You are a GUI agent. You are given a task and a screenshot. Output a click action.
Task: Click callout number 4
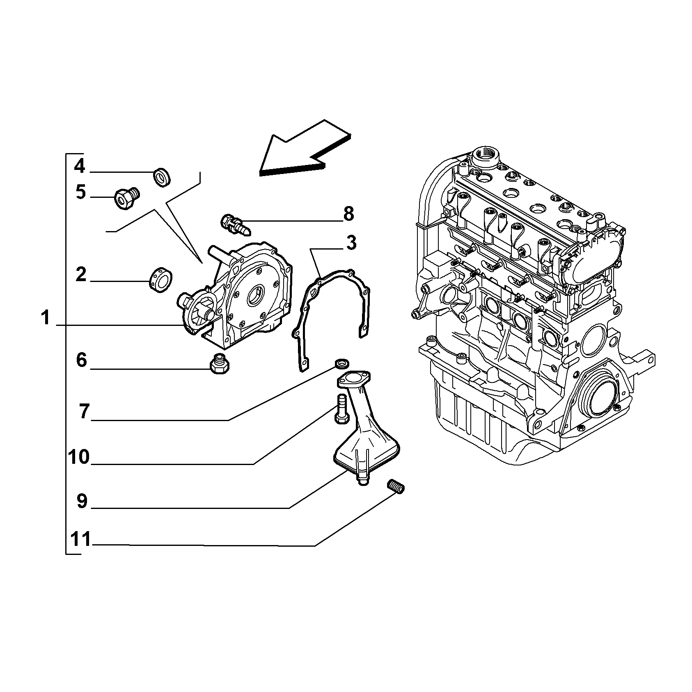pyautogui.click(x=80, y=166)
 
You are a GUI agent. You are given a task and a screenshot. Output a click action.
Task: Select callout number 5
pyautogui.click(x=81, y=192)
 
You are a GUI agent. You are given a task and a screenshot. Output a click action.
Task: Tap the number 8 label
pyautogui.click(x=348, y=214)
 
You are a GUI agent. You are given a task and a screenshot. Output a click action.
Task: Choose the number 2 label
pyautogui.click(x=81, y=275)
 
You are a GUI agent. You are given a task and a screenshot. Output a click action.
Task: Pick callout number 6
pyautogui.click(x=82, y=360)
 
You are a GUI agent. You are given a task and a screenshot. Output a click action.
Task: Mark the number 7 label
pyautogui.click(x=84, y=411)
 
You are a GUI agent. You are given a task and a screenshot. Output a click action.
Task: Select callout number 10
pyautogui.click(x=79, y=456)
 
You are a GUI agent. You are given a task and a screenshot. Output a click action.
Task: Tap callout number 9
pyautogui.click(x=82, y=501)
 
